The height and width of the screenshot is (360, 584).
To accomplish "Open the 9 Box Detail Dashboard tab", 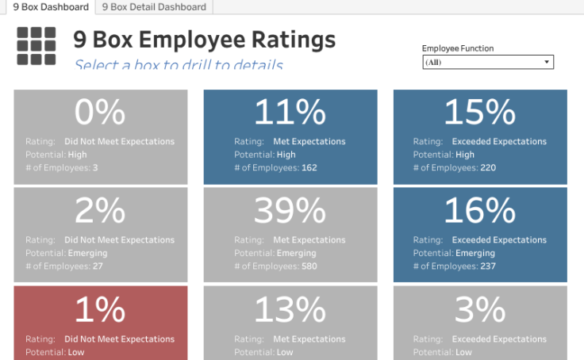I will click(x=154, y=7).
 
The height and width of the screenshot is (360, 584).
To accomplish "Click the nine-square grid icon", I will click(x=36, y=46).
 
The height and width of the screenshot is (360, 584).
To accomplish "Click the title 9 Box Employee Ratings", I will click(x=204, y=40).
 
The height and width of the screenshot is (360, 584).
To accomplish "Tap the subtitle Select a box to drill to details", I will click(x=179, y=64).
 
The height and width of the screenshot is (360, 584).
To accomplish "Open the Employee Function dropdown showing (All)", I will click(x=487, y=62).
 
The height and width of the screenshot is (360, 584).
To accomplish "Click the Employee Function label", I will click(x=457, y=48).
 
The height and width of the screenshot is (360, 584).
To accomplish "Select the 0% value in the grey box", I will click(x=100, y=113).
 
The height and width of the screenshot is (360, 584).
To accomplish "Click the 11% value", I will click(x=290, y=113).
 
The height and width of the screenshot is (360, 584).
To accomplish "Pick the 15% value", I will click(x=480, y=113).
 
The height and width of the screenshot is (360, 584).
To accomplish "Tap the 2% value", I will click(x=100, y=211).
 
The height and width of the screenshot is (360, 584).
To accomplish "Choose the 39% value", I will click(x=290, y=211).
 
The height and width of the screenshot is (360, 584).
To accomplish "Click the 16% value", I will click(x=480, y=211).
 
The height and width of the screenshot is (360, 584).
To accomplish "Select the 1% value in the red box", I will click(x=100, y=310).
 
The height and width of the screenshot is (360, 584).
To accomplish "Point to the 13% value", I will click(x=290, y=310).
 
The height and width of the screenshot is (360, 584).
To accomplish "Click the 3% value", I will click(x=480, y=310).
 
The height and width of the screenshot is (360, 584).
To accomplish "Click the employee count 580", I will click(x=309, y=266).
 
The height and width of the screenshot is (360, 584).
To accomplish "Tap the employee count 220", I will click(x=487, y=168).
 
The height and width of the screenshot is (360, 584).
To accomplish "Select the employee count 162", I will click(x=309, y=168).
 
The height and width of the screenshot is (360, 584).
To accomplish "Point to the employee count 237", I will click(x=487, y=266).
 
